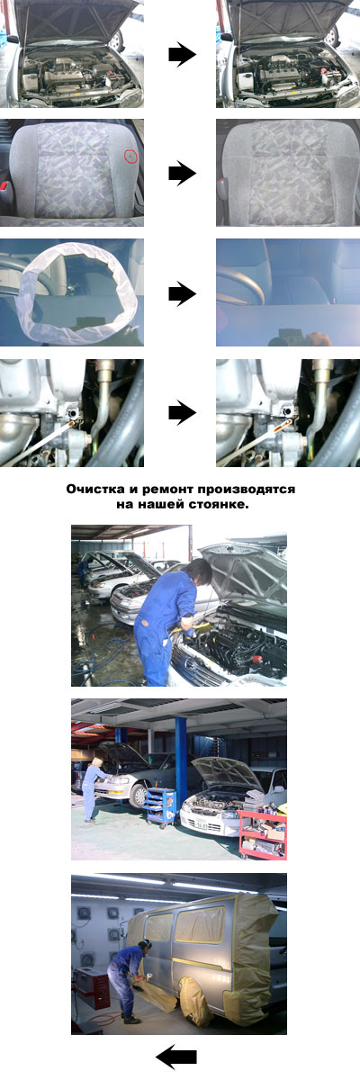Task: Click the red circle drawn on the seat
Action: tap(130, 156)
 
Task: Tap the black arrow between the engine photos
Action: tap(182, 55)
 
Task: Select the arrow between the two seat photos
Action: tap(182, 174)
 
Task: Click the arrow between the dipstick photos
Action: tap(182, 413)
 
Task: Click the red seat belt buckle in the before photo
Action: tap(4, 185)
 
